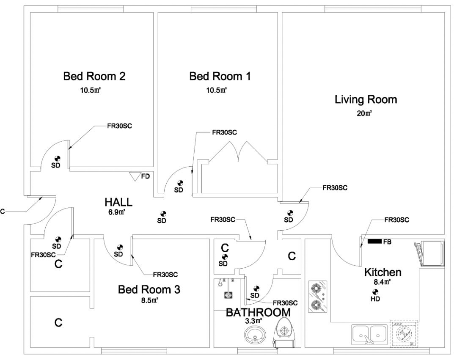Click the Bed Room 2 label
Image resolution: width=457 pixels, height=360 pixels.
tap(94, 76)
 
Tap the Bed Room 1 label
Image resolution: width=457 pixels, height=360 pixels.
tap(220, 76)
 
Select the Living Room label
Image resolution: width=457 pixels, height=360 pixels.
tap(366, 100)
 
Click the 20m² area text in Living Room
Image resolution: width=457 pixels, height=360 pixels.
tap(364, 113)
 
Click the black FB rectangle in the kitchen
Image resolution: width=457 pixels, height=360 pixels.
tap(374, 242)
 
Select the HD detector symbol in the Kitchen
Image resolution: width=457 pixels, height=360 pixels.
tap(375, 291)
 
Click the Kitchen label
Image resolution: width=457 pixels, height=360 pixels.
tap(383, 272)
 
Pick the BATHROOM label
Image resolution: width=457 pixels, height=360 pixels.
tap(258, 313)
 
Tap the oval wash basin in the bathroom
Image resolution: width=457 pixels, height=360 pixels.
tap(255, 336)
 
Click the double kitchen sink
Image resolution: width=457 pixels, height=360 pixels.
tap(369, 333)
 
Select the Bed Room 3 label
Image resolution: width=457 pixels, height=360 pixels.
tap(149, 290)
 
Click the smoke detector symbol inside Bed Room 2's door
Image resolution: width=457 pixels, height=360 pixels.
tap(55, 159)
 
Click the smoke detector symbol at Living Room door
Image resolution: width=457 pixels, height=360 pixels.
tap(290, 213)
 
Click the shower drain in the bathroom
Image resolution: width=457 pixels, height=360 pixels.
tap(228, 295)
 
